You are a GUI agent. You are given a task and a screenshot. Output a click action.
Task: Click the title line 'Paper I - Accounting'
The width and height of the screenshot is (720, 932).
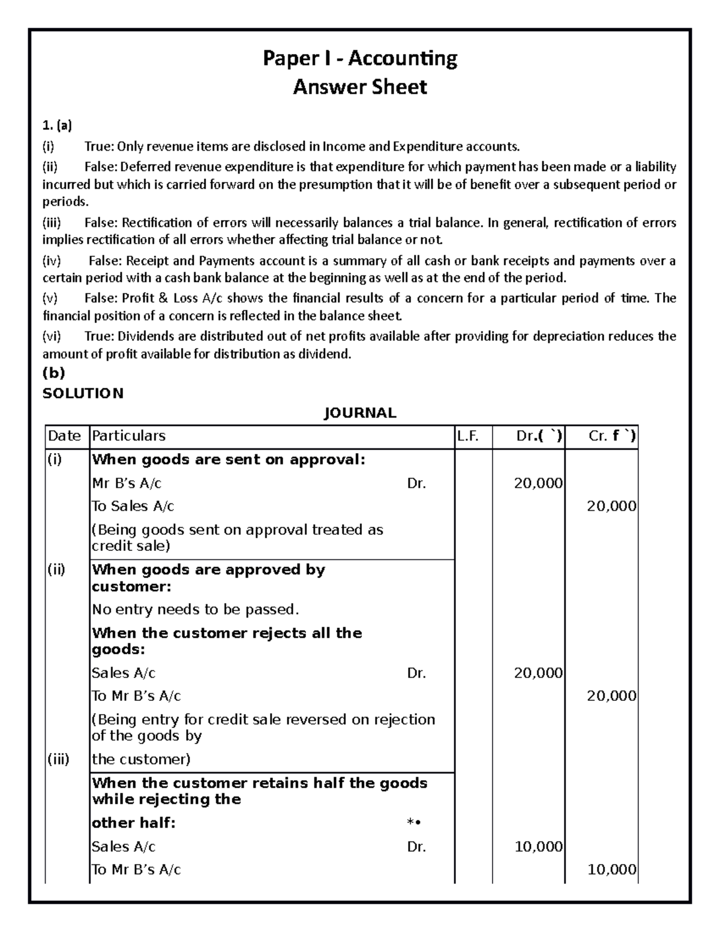point(360,59)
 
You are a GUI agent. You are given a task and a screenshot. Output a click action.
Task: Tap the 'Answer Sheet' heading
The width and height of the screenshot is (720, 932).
point(360,88)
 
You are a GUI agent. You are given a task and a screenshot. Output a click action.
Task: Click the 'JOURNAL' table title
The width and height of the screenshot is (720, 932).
point(360,413)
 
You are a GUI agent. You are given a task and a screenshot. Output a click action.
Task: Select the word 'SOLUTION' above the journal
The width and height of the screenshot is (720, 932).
point(83,393)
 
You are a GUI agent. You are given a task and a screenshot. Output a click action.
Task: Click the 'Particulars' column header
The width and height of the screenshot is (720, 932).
point(128,436)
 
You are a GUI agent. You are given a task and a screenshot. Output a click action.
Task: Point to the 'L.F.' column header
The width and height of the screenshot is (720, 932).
point(467,436)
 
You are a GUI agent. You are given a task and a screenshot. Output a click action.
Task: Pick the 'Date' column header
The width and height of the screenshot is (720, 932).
point(64,436)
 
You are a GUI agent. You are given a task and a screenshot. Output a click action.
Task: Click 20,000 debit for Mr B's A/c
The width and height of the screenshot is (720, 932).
point(538,483)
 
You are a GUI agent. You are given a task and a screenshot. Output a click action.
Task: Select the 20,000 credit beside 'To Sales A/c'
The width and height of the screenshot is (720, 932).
point(611,506)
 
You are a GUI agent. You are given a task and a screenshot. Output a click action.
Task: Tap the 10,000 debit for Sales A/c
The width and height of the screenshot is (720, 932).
point(538,847)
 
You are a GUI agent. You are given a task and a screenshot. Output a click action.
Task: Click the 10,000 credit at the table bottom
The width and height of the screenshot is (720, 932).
point(611,870)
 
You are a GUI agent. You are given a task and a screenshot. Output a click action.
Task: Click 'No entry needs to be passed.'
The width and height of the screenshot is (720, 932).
point(195,610)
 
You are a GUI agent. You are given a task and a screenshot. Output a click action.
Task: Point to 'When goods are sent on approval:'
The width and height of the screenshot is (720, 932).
point(228,460)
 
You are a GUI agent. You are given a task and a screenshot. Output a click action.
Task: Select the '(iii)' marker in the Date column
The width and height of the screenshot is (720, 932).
point(58,759)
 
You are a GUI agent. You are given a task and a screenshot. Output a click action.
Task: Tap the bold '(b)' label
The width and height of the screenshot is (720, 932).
point(53,373)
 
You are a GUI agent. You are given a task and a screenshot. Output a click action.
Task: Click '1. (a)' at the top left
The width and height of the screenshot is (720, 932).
point(56,126)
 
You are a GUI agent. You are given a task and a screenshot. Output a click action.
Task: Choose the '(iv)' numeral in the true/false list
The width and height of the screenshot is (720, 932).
point(52,261)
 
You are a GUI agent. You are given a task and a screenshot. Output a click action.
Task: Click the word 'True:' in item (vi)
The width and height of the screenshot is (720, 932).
point(99,336)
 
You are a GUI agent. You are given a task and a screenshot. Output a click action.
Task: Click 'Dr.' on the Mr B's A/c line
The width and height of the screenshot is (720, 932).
point(416,483)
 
